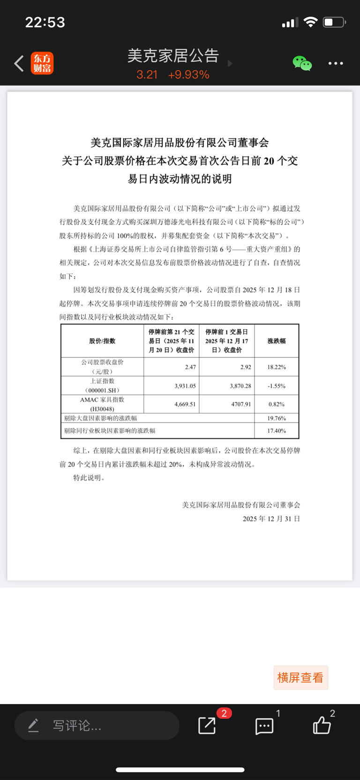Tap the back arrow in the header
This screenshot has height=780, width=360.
[x=19, y=63]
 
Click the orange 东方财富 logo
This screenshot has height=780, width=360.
[x=42, y=63]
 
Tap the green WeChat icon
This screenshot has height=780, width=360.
[x=302, y=63]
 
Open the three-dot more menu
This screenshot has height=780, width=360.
[x=336, y=63]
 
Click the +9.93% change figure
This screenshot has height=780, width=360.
[x=188, y=75]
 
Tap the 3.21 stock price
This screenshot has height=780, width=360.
[x=147, y=75]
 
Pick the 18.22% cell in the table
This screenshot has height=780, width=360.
[x=277, y=367]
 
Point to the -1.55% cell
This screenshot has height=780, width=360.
[x=277, y=386]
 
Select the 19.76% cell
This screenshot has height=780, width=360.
[x=277, y=418]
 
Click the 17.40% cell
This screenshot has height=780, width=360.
[x=277, y=431]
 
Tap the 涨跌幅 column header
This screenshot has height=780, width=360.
[x=277, y=341]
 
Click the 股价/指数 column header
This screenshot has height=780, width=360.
[x=102, y=341]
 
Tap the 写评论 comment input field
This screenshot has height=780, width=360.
[x=97, y=726]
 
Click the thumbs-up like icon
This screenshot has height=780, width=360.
[x=322, y=725]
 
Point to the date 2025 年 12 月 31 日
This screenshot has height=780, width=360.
[x=271, y=519]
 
